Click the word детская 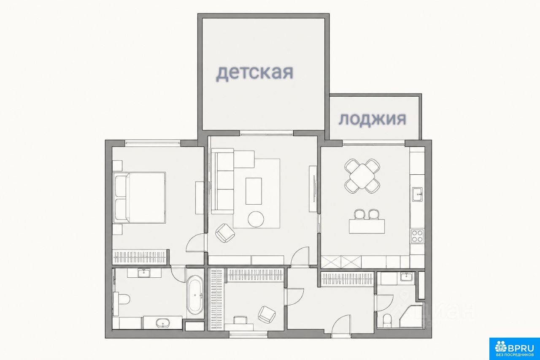254,73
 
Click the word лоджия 373,119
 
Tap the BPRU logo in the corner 515,349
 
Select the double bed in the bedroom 139,198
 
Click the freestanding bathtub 195,295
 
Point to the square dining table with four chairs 362,176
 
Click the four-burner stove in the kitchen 417,236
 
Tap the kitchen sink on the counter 417,194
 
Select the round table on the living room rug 256,219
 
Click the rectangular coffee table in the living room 254,191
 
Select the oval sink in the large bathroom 163,322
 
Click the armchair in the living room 225,233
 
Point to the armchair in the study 267,315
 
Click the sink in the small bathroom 407,276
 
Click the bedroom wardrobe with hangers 140,257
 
